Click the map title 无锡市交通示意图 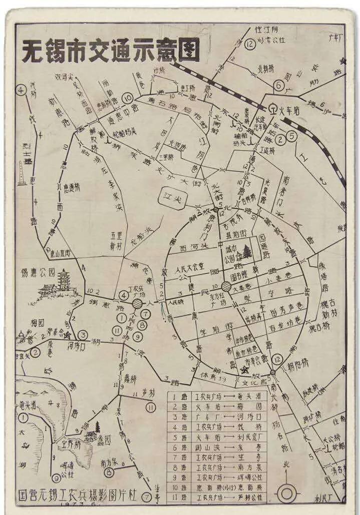111,50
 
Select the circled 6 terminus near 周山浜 279,85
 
